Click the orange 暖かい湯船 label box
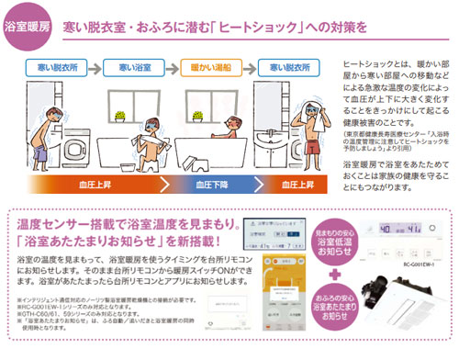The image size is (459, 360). [208, 66]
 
